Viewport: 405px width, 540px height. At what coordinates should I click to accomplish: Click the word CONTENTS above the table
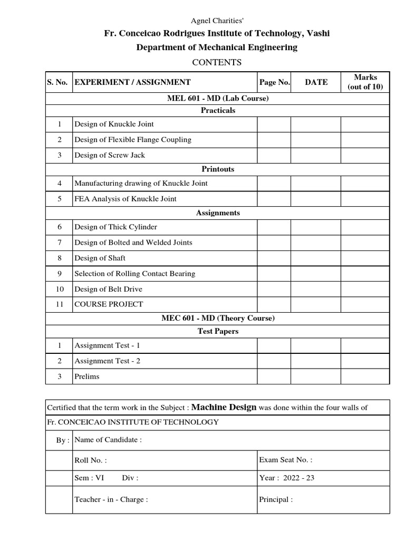point(217,62)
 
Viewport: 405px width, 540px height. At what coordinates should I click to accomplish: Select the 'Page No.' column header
point(274,82)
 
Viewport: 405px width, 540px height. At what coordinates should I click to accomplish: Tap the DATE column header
point(316,82)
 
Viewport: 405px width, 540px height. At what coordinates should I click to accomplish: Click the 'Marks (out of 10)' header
point(365,82)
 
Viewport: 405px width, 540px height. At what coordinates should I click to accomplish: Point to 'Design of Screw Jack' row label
point(110,155)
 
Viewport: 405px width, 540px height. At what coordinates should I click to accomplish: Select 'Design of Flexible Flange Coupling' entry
point(133,140)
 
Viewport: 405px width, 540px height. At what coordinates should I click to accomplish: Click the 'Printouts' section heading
point(218,169)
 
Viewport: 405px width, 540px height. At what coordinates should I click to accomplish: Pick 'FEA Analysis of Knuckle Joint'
point(126,199)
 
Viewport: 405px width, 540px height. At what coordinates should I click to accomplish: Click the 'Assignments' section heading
point(218,213)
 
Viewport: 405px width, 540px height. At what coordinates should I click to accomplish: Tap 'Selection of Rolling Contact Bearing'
point(135,274)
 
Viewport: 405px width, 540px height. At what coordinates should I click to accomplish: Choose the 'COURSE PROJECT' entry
point(109,304)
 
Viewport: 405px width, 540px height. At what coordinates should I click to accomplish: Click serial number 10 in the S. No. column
point(60,289)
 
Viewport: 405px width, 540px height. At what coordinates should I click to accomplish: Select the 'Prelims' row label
point(87,377)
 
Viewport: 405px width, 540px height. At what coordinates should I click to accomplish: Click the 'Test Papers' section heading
point(218,331)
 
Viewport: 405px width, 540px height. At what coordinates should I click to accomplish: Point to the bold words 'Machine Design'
point(224,407)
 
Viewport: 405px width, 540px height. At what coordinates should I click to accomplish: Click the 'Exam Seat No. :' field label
point(286,460)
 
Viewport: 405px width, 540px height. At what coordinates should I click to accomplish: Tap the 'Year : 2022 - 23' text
point(287,478)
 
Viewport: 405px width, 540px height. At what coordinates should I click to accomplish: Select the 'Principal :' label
point(276,499)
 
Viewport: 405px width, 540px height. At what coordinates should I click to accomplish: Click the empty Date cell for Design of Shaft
point(315,258)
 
